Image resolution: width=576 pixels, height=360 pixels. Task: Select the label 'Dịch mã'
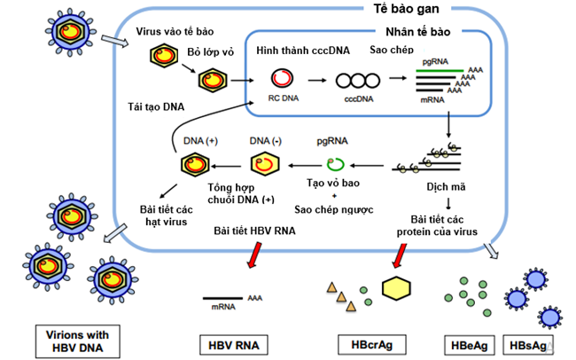tap(446, 186)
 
